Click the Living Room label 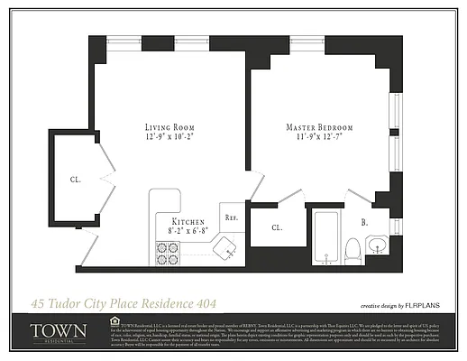(x=170, y=127)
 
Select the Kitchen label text (x=188, y=221)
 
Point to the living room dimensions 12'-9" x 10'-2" (x=170, y=139)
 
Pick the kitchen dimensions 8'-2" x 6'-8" (x=188, y=232)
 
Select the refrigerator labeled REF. (x=231, y=218)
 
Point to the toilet (x=355, y=248)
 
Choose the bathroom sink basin (x=378, y=244)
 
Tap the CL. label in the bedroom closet (x=277, y=228)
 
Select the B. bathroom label (x=363, y=220)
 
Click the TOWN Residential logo (x=59, y=332)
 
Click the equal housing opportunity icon (x=113, y=319)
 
